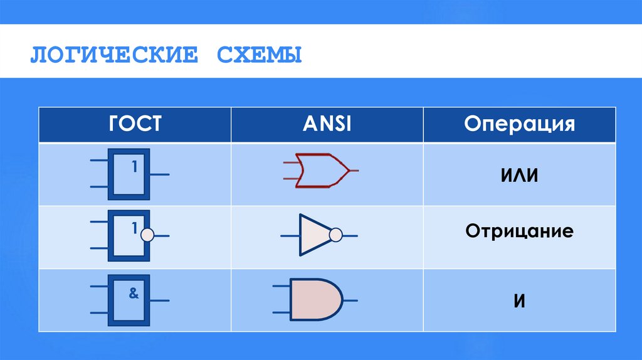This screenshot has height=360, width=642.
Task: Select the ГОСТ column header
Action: [135, 124]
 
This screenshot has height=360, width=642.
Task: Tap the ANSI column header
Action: [327, 124]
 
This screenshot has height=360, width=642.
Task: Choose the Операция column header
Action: [519, 124]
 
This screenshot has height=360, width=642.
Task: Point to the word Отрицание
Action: [519, 231]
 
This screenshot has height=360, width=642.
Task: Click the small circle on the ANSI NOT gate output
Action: [336, 235]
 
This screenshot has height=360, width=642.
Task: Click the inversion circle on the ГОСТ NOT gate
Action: [147, 235]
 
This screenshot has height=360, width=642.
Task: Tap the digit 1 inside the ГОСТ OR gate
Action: [134, 167]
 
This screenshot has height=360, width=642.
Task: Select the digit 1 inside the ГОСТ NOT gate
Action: [134, 230]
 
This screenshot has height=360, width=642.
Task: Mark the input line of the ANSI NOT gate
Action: [290, 236]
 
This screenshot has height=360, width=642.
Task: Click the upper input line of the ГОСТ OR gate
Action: [99, 161]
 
